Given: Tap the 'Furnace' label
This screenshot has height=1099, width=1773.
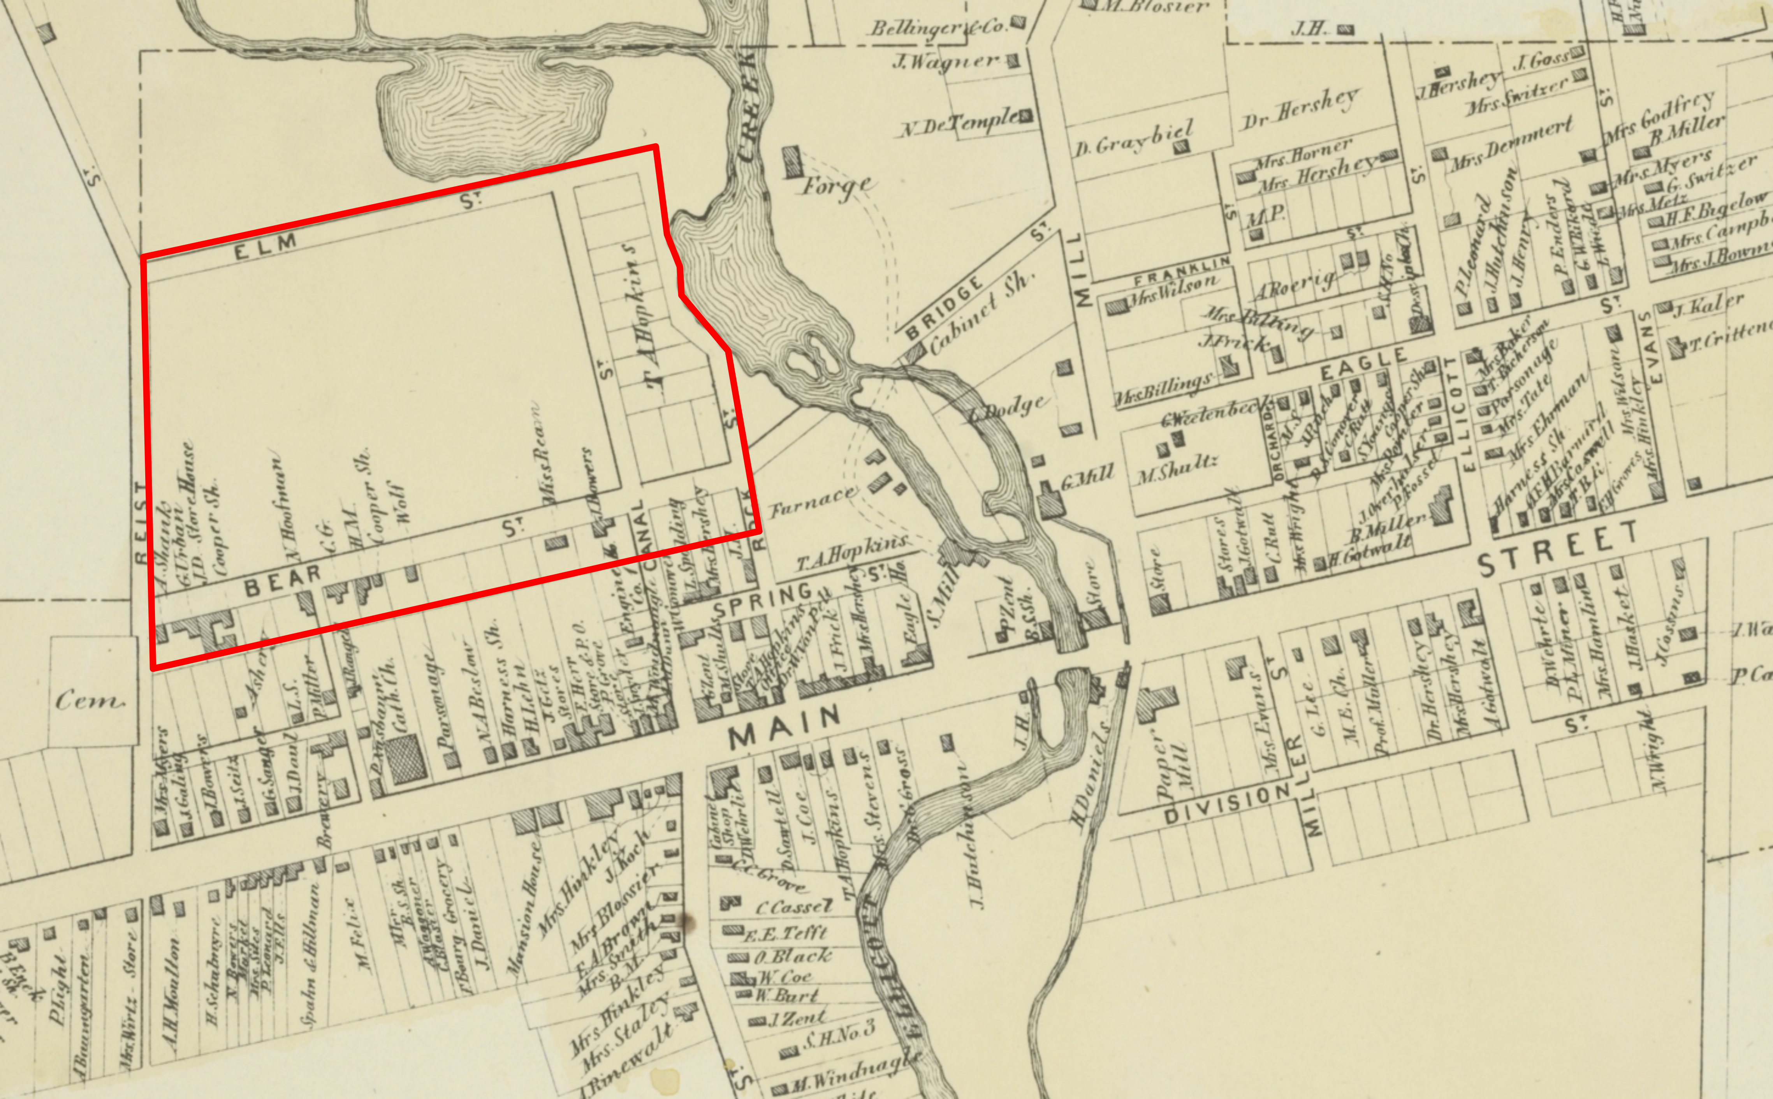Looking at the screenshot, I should (813, 501).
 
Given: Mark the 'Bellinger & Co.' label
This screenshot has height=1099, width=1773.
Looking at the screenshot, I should (938, 28).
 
